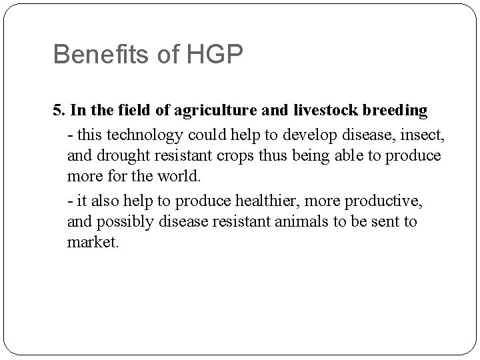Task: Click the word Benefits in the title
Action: [x=95, y=55]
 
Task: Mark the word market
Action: [x=93, y=242]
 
